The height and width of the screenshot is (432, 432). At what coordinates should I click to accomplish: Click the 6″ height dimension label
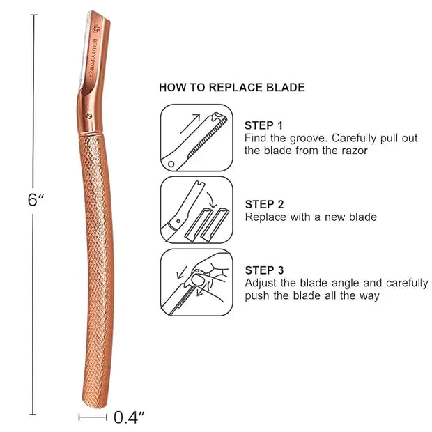36,200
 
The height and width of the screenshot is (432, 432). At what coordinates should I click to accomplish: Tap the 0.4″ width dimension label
129,417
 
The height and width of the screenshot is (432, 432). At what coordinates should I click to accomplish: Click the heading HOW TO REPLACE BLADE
232,87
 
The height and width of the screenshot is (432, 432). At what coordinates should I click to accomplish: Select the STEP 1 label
263,125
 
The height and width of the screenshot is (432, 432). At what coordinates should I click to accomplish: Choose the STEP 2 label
264,204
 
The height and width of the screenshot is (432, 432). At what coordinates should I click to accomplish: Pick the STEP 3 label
264,270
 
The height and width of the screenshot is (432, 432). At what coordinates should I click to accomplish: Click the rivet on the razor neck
89,116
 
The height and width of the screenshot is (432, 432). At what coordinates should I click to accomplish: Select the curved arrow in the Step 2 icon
212,200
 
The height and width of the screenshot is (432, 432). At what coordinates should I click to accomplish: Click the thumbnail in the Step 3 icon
198,280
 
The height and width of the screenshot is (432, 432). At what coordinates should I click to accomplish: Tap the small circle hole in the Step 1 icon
171,164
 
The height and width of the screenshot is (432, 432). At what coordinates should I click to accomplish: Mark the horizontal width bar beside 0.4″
93,417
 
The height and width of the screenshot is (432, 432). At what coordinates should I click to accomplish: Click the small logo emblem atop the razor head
97,28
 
